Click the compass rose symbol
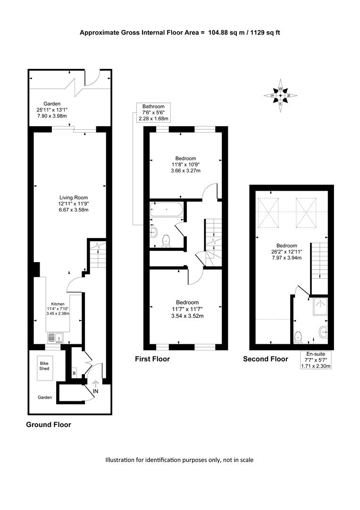(x=280, y=95)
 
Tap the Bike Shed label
(x=44, y=366)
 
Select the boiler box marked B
(x=74, y=374)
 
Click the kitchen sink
(x=56, y=338)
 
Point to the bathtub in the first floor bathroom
(x=167, y=210)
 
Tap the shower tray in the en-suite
(x=320, y=307)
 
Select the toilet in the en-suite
(x=298, y=338)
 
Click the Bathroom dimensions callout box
(x=153, y=112)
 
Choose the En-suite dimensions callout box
(x=316, y=360)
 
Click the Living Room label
(x=74, y=197)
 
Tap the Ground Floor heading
(x=49, y=425)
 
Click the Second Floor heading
(x=266, y=359)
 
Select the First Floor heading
(x=152, y=359)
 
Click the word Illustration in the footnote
(x=120, y=460)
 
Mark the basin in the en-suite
(x=324, y=332)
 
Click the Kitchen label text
(x=58, y=304)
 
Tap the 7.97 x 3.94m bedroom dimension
(x=286, y=258)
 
